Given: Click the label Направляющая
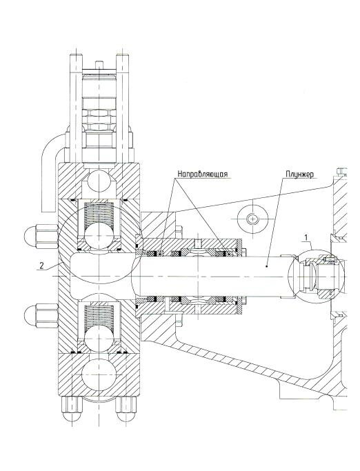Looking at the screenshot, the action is coord(203,174).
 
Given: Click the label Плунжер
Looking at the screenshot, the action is coord(299,174).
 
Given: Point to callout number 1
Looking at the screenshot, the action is coord(306,237).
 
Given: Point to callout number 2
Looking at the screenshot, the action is coord(42,265).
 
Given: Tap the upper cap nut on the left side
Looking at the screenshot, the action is coord(41,237).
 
